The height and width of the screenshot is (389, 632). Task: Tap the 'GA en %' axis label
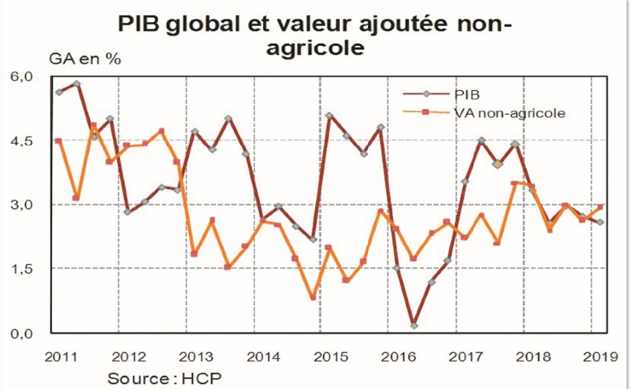coord(84,58)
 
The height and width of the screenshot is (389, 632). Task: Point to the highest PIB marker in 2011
coord(76,84)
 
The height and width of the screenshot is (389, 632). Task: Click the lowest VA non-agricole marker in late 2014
coord(313,297)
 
